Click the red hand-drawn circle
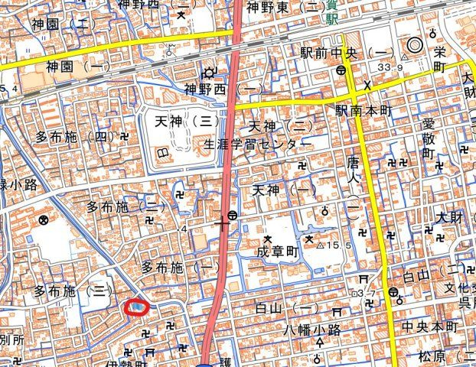coord(135,307)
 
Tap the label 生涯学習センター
coord(257,144)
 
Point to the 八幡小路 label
coord(306,330)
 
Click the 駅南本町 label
coord(363,112)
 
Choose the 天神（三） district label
coord(187,121)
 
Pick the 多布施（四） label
coord(75,138)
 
